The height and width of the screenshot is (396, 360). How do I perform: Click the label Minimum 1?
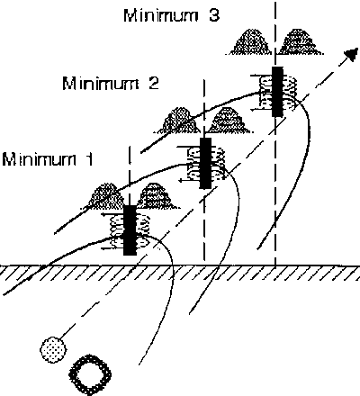tap(48, 159)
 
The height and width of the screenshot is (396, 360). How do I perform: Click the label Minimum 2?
tap(111, 83)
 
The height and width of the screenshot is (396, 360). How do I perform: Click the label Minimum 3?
tap(172, 15)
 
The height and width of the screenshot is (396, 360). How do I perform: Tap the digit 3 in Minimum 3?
tap(213, 15)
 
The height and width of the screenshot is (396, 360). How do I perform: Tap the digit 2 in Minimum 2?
tap(153, 83)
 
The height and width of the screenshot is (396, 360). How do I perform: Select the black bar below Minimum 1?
tap(130, 230)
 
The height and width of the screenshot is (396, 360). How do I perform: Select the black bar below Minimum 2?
tap(205, 163)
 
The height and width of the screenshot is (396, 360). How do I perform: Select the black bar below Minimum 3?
tap(277, 92)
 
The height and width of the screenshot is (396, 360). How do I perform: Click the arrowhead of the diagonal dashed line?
tap(352, 54)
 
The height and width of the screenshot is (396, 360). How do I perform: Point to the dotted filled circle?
tap(53, 349)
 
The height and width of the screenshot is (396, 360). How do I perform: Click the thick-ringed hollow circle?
tap(90, 374)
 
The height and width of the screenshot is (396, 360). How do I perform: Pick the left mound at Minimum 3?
tap(251, 42)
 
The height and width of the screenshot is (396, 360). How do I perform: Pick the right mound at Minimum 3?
tap(299, 42)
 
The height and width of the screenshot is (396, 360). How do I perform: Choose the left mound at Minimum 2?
tap(179, 120)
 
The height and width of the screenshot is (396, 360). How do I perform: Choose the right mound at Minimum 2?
tap(229, 120)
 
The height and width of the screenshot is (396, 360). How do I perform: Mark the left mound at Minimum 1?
tap(105, 195)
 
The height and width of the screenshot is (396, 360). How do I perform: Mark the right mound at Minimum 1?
tap(157, 195)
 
